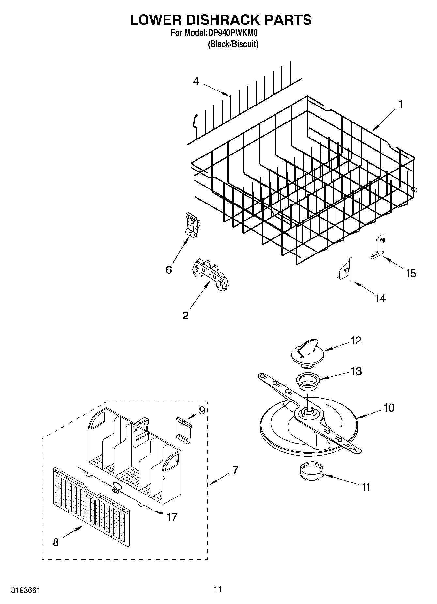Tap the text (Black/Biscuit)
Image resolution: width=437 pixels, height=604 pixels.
tap(233, 44)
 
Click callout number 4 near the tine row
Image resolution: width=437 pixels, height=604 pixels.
tap(196, 81)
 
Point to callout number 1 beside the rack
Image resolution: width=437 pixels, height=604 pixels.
tap(400, 105)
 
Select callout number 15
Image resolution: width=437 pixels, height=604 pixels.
tap(411, 273)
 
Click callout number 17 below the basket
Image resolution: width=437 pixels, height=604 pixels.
tap(172, 517)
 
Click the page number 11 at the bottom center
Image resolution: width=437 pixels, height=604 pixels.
tap(218, 589)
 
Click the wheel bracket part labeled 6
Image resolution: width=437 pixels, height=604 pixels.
tap(192, 225)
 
